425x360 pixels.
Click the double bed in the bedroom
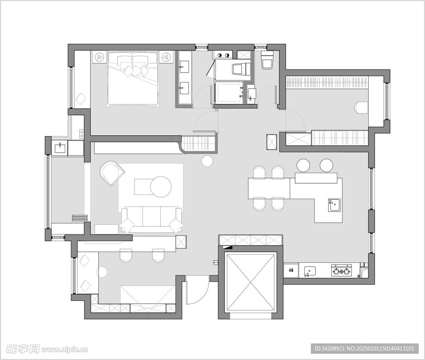point(132,79)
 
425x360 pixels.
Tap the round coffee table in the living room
point(161,186)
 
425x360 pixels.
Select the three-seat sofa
point(151,220)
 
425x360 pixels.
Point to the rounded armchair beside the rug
point(112,173)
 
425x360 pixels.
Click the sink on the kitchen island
point(335,204)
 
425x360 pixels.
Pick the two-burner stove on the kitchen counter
point(341,270)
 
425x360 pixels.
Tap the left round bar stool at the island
point(303,165)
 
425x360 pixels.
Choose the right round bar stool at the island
point(326,165)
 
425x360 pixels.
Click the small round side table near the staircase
point(208,161)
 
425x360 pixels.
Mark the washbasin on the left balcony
point(60,148)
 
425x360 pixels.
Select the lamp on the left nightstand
point(100,57)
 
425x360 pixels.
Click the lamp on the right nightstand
point(166,57)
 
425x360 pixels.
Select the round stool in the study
point(103,272)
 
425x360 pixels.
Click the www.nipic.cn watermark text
point(66,349)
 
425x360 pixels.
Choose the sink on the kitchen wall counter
point(309,270)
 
